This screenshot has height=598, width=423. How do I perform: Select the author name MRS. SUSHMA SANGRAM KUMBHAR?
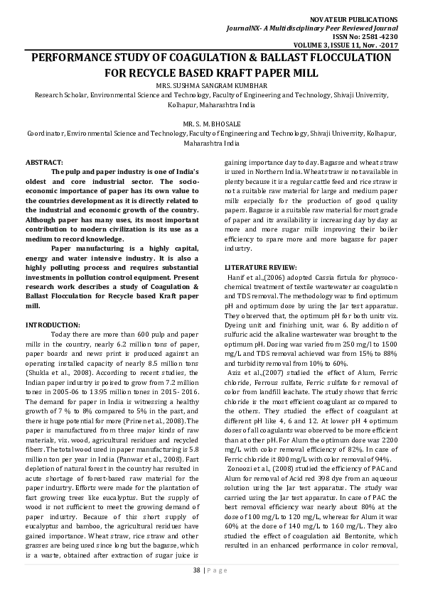click(211, 86)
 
